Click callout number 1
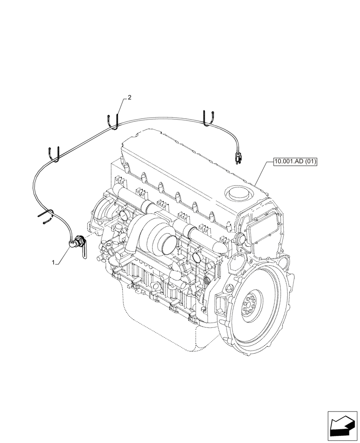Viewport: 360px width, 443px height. (54, 262)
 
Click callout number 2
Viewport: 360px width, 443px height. (129, 98)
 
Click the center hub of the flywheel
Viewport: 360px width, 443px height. (250, 305)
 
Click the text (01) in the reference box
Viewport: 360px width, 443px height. (309, 162)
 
